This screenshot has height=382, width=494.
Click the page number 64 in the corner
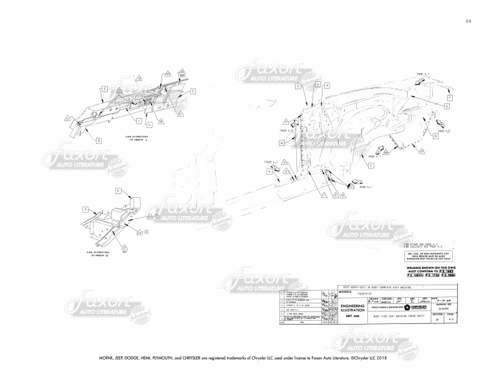(468, 21)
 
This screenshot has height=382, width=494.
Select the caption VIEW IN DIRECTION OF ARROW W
(97, 254)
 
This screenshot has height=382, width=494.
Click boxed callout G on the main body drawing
(447, 107)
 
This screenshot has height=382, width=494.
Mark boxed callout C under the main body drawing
(370, 165)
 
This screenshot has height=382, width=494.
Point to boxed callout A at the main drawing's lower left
(271, 170)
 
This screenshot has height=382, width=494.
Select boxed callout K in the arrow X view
(149, 125)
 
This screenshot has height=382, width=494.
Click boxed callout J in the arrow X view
(138, 119)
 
